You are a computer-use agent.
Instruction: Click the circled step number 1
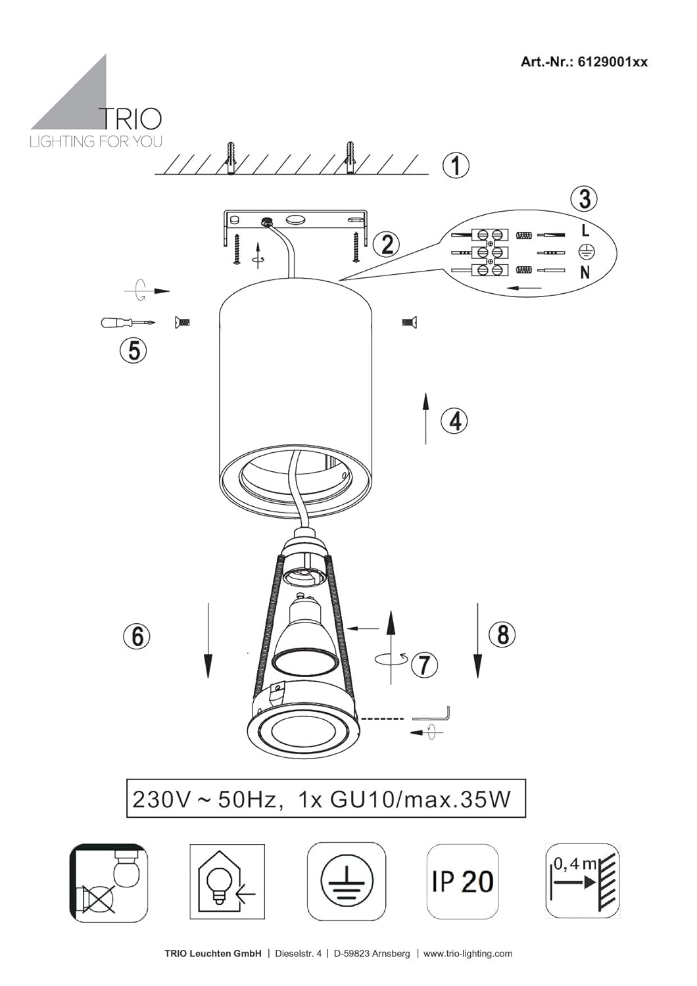[456, 166]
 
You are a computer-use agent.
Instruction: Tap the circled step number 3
[585, 199]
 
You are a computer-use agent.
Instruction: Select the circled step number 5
[133, 351]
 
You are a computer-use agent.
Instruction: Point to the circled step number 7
[424, 665]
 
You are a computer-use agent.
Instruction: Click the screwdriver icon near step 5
[128, 322]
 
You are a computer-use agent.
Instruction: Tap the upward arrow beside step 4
[426, 417]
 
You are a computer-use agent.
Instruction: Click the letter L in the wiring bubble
[585, 230]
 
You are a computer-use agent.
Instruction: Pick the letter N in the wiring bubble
[585, 273]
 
